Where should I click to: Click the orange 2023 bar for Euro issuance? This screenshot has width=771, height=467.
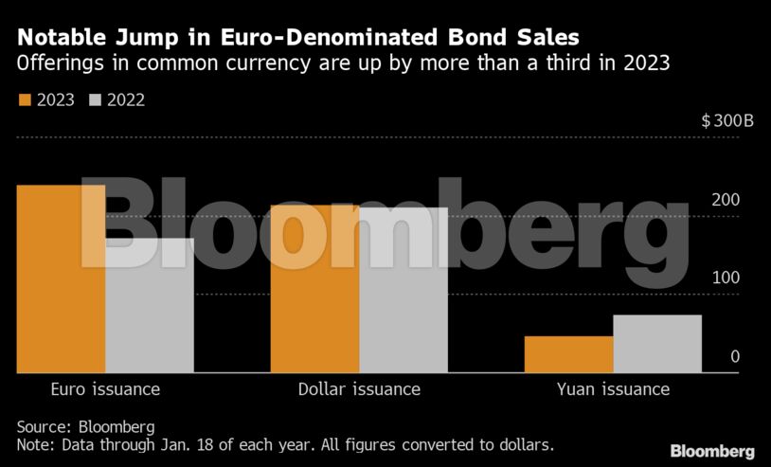(x=61, y=278)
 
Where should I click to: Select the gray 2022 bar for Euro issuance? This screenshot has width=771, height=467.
(x=149, y=305)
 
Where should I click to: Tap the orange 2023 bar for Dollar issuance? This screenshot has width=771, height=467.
(x=314, y=289)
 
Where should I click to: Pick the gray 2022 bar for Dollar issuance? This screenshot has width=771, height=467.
(x=403, y=290)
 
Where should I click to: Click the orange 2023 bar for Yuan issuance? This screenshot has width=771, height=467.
(x=568, y=354)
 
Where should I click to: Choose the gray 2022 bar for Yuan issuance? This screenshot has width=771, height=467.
(x=656, y=344)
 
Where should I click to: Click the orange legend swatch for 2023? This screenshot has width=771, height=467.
(x=25, y=99)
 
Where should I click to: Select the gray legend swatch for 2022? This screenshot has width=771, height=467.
(x=95, y=99)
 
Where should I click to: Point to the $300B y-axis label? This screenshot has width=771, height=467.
(x=726, y=121)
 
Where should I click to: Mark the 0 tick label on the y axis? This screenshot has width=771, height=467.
(x=735, y=357)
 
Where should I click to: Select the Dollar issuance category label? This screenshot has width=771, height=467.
(x=359, y=389)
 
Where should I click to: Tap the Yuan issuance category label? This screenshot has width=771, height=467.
(x=613, y=389)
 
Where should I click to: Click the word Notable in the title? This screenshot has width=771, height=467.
(x=61, y=38)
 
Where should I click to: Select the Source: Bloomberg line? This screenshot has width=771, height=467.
(x=85, y=426)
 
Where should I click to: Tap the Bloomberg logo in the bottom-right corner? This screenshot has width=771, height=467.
(x=711, y=451)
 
